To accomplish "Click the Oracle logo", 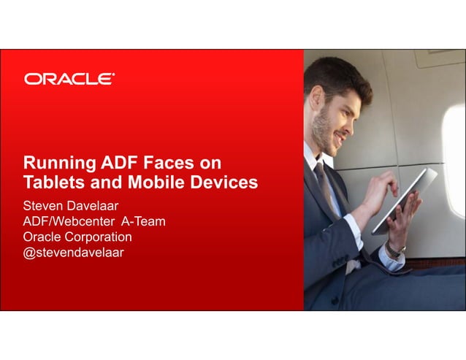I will coord(69,79).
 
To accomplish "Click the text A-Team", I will coord(142,221).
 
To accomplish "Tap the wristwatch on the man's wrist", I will coord(395,249).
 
